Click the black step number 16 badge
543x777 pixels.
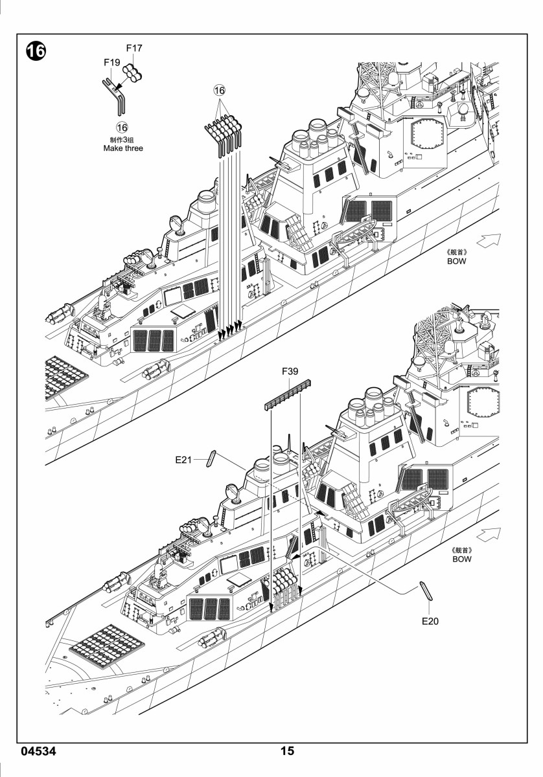point(36,51)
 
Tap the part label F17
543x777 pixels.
point(134,48)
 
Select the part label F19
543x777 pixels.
point(112,62)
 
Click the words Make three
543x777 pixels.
point(123,148)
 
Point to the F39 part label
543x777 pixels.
point(290,372)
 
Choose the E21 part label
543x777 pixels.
point(183,460)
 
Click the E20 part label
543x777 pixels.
point(430,621)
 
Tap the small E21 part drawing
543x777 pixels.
point(211,458)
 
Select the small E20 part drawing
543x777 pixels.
point(426,591)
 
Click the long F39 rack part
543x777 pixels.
point(288,395)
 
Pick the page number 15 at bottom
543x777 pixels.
point(287,751)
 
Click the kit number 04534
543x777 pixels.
point(38,751)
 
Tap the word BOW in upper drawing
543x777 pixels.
point(457,261)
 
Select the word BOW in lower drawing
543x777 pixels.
point(462,559)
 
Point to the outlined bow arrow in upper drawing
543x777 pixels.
point(489,240)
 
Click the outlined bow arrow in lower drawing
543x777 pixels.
point(489,535)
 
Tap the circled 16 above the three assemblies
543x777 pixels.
point(220,91)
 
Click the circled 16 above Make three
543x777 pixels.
point(122,128)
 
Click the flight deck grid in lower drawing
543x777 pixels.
point(108,647)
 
